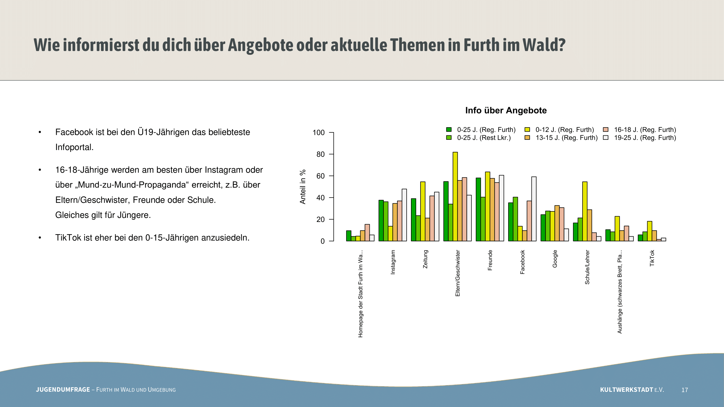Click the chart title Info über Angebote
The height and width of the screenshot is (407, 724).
(x=506, y=110)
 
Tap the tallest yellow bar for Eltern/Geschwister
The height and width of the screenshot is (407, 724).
(x=455, y=196)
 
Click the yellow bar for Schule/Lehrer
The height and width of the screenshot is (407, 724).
(x=584, y=211)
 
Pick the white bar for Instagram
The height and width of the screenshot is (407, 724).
(x=404, y=215)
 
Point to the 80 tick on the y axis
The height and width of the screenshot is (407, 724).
(x=320, y=154)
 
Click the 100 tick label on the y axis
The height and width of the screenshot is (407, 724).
(x=319, y=133)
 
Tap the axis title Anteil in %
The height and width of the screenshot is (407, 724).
(x=302, y=187)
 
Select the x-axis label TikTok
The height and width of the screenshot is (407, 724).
(x=652, y=258)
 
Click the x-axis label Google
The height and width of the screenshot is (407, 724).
(x=555, y=259)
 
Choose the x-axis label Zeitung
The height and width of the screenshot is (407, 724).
(x=425, y=259)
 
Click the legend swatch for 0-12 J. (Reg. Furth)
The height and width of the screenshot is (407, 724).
(x=527, y=129)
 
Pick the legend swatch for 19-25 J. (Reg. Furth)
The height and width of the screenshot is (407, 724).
(x=606, y=138)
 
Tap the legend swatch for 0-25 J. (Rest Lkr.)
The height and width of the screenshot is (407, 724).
(x=449, y=138)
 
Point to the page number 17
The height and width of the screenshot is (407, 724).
(x=685, y=390)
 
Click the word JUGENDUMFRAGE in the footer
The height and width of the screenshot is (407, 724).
(x=63, y=390)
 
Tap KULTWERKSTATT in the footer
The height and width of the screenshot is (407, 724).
(x=627, y=390)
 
